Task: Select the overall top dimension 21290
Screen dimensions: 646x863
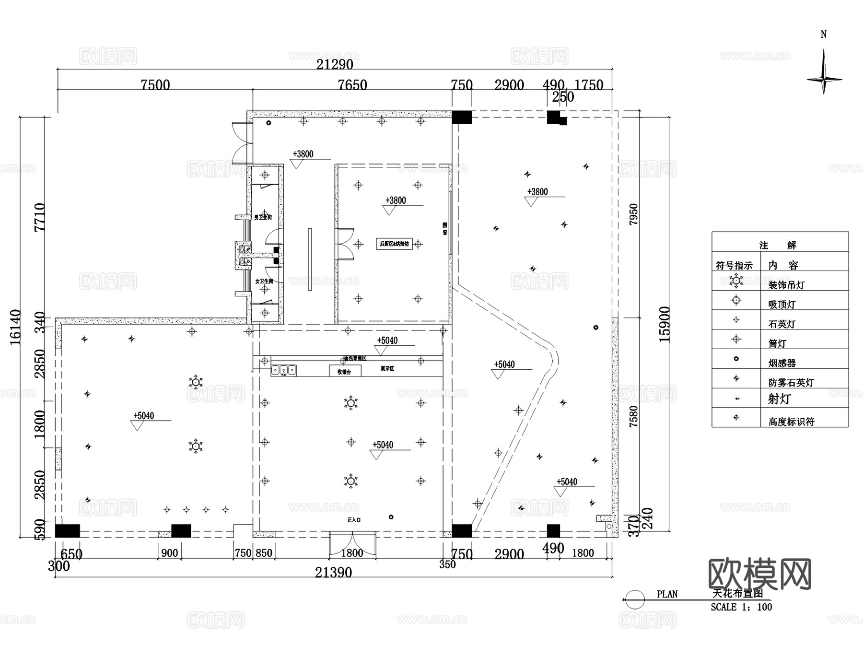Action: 335,64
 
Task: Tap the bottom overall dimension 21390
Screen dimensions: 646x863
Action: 334,572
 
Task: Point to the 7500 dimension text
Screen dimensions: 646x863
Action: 155,85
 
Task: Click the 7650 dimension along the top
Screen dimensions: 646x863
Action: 352,85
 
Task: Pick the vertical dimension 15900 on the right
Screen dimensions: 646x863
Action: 665,324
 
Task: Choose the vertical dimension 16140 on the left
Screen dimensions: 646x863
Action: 15,327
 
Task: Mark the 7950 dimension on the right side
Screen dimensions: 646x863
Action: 633,214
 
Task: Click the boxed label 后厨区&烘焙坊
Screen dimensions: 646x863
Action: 394,244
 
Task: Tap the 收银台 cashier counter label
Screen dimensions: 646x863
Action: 344,371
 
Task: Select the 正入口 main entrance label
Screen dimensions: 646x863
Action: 354,519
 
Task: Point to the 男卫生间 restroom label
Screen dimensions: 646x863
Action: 263,217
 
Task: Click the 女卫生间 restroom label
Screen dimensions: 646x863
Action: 264,281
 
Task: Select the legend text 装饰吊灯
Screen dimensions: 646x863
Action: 786,285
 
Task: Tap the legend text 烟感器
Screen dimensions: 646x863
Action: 782,364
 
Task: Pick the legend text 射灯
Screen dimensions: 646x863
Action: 779,399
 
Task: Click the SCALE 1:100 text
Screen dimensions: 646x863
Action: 741,607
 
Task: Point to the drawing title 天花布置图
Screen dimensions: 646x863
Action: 738,593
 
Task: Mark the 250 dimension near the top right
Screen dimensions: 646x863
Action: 563,97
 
